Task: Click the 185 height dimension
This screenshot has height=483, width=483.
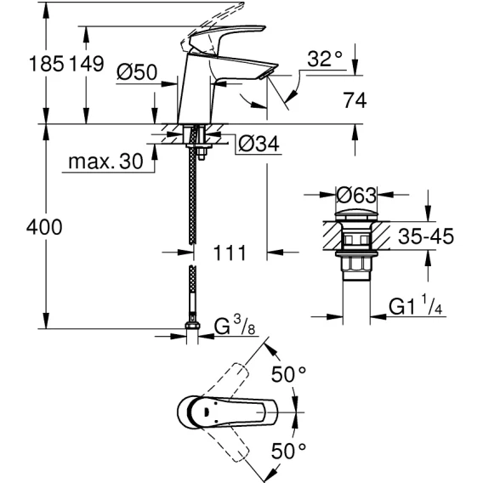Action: [x=46, y=64]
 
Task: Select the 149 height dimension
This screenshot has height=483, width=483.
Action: [x=86, y=64]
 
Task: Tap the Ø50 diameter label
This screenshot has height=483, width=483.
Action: [x=137, y=72]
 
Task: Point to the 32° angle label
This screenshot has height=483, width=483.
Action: [x=325, y=59]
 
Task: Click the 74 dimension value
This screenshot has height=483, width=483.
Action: [x=355, y=100]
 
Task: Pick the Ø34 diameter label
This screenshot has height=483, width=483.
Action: [x=259, y=144]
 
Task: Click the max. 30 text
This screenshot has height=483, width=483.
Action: [x=105, y=161]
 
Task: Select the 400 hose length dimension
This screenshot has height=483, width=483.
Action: [x=44, y=227]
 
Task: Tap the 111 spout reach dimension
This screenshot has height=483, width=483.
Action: [x=230, y=253]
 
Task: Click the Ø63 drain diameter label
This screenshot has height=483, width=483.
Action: [x=356, y=195]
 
